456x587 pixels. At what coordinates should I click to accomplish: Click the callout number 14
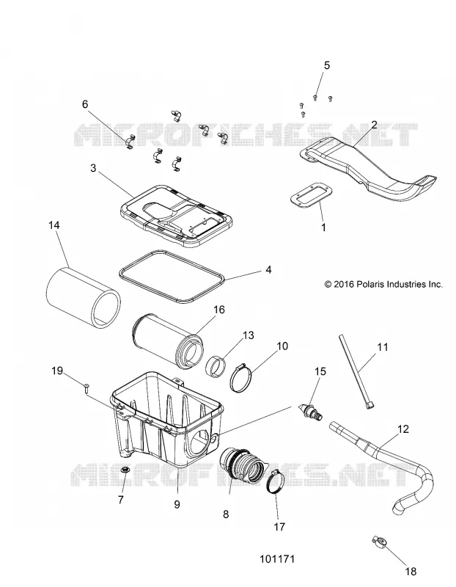click(x=54, y=225)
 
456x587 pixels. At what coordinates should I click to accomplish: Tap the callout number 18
click(x=411, y=572)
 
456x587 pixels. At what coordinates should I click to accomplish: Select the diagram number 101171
click(x=277, y=559)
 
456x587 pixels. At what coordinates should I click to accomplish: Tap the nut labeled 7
click(x=125, y=470)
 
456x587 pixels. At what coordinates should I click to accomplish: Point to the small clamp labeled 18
click(x=378, y=541)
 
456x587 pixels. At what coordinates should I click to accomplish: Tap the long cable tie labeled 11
click(x=357, y=373)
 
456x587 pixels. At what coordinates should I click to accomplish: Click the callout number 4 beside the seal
click(x=268, y=269)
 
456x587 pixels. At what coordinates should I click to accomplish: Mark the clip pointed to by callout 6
click(x=130, y=142)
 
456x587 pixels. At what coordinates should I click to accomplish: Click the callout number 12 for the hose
click(x=403, y=429)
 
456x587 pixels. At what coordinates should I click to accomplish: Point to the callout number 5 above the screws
click(x=326, y=65)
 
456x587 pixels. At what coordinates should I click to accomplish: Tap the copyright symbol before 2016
click(x=328, y=285)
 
